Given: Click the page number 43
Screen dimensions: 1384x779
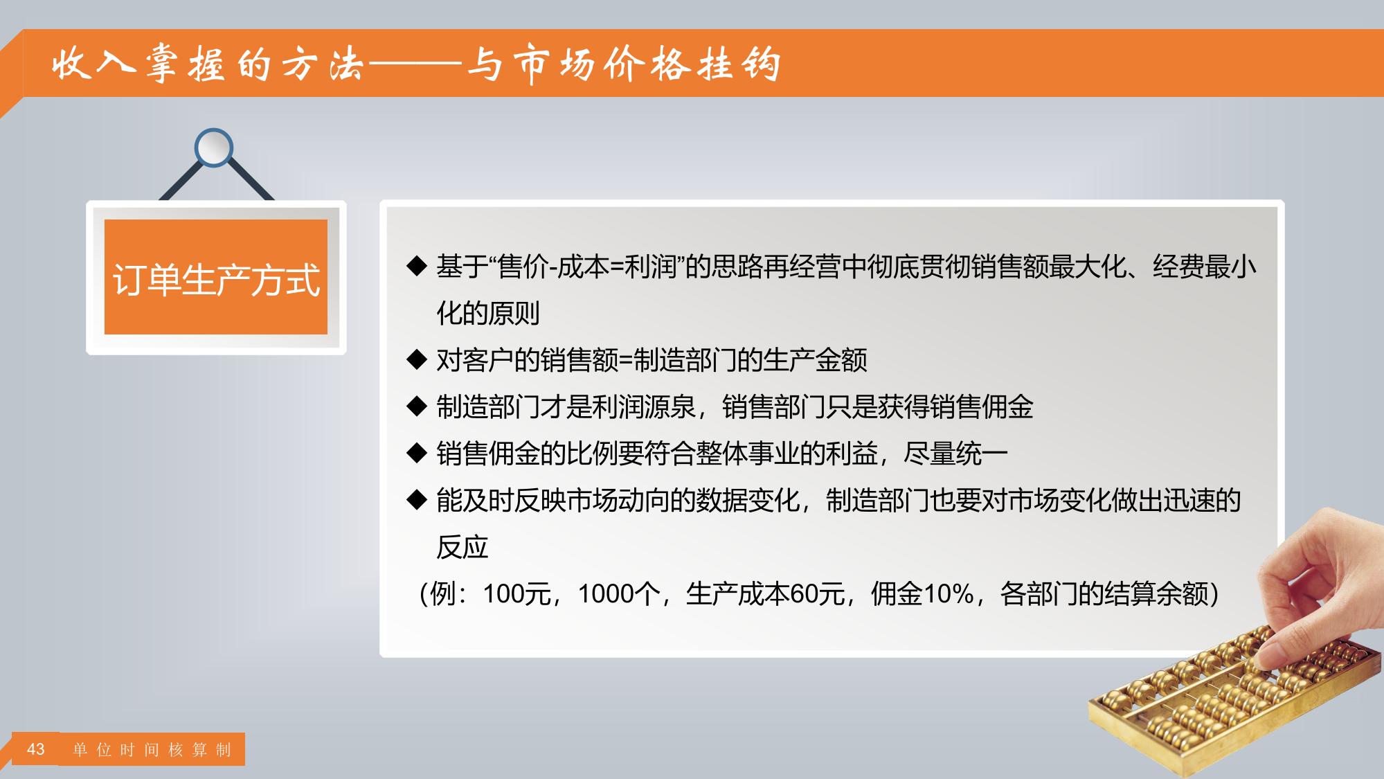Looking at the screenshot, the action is (x=35, y=749).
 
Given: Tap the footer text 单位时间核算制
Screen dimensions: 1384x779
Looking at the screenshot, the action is (x=152, y=750).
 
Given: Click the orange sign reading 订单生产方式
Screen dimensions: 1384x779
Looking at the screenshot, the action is (x=216, y=277).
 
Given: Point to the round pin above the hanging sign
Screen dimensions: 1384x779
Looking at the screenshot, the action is (x=214, y=147).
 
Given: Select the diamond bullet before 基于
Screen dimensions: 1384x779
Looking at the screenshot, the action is (x=417, y=266).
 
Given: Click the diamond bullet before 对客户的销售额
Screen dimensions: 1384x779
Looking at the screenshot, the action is (x=417, y=359).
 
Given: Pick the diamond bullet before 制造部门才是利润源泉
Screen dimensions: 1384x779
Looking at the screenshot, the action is (x=417, y=406).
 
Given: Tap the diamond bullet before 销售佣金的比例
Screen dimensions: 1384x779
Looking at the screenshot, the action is (x=417, y=454).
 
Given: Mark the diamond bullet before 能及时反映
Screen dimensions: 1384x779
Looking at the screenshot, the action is (x=417, y=500).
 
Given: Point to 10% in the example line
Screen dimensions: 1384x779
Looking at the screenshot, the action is (x=949, y=594).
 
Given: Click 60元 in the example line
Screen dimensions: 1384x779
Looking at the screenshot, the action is (x=817, y=594).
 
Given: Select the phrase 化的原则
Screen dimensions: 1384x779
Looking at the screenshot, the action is (x=488, y=313).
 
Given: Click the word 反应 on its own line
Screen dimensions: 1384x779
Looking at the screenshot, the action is (x=462, y=547).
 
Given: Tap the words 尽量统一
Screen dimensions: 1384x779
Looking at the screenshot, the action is (x=955, y=454).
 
